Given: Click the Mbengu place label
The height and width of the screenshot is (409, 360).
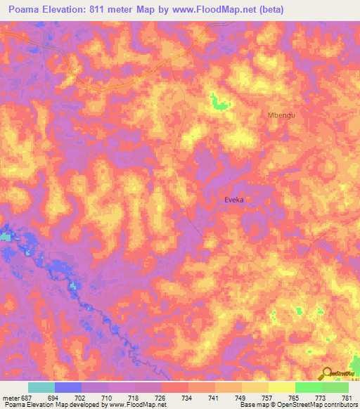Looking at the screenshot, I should click(x=279, y=115).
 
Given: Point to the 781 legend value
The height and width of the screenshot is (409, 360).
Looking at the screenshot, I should click(x=347, y=397).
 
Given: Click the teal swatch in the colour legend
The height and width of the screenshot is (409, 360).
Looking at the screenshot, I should click(x=41, y=387).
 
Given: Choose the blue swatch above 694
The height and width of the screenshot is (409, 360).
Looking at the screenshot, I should click(x=68, y=387).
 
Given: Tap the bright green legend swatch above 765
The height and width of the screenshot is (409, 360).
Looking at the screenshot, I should click(x=309, y=387).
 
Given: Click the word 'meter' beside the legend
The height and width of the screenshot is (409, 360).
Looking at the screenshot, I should click(x=11, y=397).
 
